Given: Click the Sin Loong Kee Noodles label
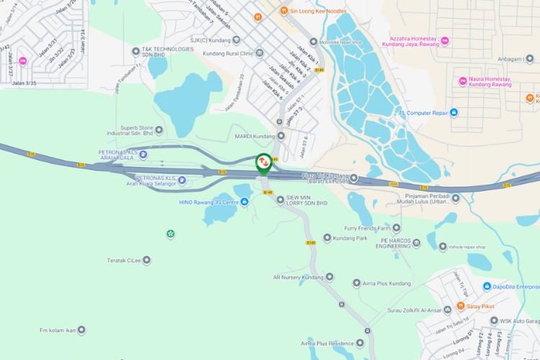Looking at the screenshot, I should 318,12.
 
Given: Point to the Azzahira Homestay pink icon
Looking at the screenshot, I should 444,40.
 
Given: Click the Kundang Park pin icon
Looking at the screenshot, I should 327,238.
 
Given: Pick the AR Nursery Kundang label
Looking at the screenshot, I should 298,276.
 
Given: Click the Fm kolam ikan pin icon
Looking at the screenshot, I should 81,330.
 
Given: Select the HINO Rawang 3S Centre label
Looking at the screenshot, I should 209,202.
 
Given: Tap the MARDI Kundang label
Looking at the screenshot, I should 255,136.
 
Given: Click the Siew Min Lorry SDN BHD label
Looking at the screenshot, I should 307,200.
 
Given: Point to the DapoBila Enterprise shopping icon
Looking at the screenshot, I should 487,287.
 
